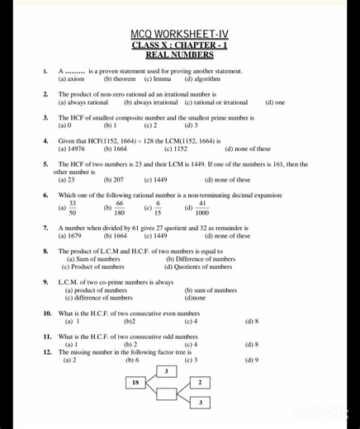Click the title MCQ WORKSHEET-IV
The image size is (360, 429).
point(180,34)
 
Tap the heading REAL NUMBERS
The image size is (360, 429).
point(180,55)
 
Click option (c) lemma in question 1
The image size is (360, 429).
point(158,80)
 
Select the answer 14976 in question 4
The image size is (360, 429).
point(73,149)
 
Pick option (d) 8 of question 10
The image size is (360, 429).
point(252,321)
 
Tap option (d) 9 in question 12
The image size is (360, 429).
point(252,360)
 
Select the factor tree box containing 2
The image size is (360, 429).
point(200,383)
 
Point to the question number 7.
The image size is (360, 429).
point(45,227)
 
